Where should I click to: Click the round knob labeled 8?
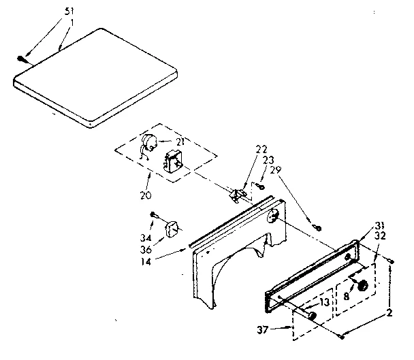364,286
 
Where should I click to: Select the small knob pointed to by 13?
313,314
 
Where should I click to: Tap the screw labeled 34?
155,216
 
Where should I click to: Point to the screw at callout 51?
25,59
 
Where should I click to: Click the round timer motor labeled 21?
149,143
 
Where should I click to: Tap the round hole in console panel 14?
272,216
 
